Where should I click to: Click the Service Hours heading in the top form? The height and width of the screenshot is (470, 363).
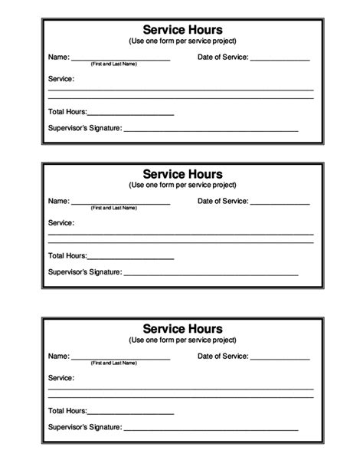click(181, 29)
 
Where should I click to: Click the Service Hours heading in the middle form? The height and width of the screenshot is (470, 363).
click(181, 174)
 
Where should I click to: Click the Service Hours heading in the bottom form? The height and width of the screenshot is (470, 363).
click(181, 329)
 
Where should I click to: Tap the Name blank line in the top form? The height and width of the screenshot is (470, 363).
click(120, 59)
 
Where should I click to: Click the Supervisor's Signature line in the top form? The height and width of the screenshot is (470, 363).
click(211, 130)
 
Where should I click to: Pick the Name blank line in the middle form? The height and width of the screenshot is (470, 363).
click(120, 203)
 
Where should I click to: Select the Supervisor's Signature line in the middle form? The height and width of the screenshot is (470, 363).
click(211, 274)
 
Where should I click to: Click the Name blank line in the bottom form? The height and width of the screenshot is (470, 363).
click(120, 358)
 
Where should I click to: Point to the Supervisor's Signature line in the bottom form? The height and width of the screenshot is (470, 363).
click(211, 429)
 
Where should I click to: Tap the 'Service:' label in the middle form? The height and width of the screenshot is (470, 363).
click(61, 223)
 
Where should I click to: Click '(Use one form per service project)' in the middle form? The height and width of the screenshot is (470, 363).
click(181, 186)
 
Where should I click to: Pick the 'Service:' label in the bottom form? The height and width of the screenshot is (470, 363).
click(61, 378)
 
